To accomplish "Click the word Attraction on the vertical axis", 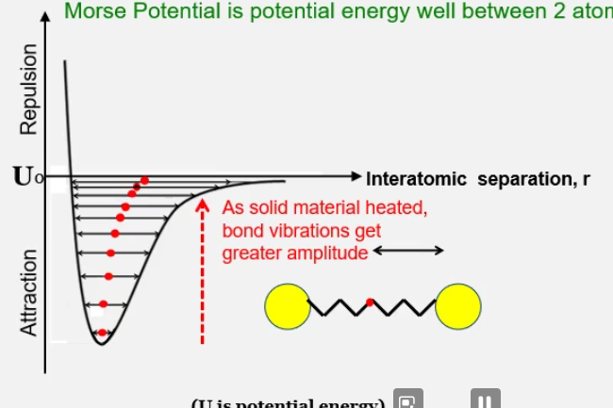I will (28, 291).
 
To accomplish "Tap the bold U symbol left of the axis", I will (21, 176).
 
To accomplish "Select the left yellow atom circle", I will (287, 306).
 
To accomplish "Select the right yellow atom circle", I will (458, 306).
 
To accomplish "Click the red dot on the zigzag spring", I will (371, 302).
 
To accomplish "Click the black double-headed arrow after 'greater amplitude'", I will (408, 251).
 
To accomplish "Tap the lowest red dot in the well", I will (102, 332).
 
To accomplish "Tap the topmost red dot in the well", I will (145, 180).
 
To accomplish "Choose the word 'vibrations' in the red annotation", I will (306, 230).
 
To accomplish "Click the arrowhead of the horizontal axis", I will (356, 176).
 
